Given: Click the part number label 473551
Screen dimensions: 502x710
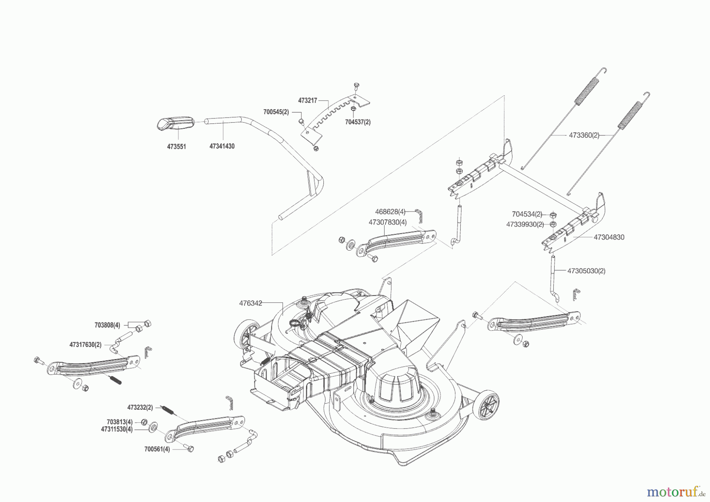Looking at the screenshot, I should [176, 146].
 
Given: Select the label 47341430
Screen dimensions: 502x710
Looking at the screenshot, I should [222, 146].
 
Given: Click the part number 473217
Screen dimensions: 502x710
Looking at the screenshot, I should [307, 101].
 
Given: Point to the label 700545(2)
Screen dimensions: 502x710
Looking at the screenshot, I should [276, 112].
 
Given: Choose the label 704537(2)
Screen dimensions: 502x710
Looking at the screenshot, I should [358, 122].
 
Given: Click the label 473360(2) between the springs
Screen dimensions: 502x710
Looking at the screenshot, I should [584, 135].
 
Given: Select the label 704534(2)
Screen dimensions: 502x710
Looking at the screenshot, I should [527, 214].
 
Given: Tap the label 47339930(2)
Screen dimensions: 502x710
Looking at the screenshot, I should [525, 224].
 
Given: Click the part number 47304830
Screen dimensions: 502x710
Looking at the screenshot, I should [609, 237].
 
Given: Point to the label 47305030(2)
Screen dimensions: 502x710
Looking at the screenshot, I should [586, 271].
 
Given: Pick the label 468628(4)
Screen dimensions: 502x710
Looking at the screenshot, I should [390, 212].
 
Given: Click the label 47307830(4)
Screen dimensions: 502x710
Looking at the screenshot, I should [387, 222].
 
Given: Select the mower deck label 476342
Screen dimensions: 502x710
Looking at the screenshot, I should [250, 303].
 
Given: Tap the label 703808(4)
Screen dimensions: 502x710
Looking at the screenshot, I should [107, 325].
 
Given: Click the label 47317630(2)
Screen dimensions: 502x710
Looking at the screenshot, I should [85, 345].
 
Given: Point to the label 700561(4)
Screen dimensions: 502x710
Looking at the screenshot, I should [157, 449].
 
